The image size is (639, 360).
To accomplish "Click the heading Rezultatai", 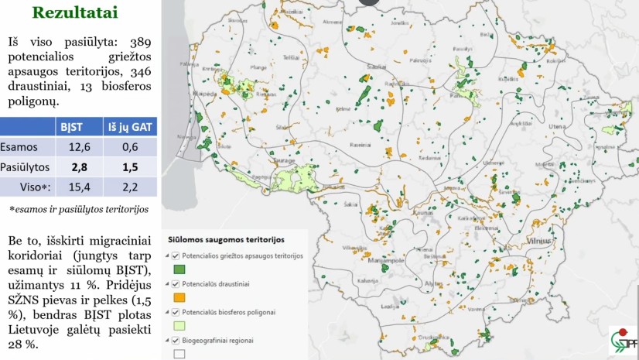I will pyautogui.click(x=74, y=13).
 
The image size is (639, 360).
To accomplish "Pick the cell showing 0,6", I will pyautogui.click(x=130, y=147).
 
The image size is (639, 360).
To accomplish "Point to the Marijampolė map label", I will pyautogui.click(x=387, y=261).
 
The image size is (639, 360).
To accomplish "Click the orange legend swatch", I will pyautogui.click(x=179, y=297).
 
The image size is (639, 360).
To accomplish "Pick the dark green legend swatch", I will pyautogui.click(x=179, y=269).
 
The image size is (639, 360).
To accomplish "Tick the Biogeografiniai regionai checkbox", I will pyautogui.click(x=176, y=340).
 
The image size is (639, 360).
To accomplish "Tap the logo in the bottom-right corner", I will pyautogui.click(x=623, y=341).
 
